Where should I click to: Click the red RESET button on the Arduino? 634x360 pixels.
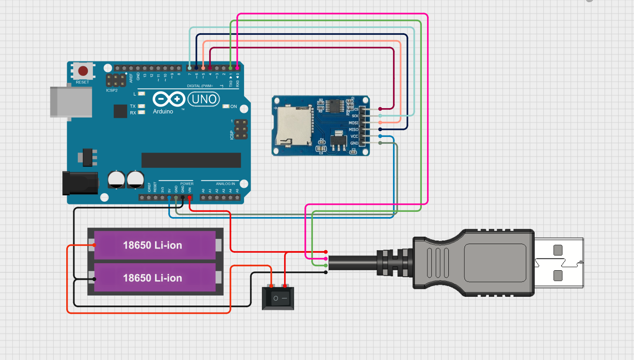pos(82,71)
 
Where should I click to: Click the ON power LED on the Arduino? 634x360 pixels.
pos(226,106)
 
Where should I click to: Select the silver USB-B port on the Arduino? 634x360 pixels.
pos(71,102)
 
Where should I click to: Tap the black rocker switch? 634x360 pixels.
pos(278,298)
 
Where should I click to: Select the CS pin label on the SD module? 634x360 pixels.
pos(356,109)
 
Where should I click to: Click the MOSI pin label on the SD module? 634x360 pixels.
pos(353,123)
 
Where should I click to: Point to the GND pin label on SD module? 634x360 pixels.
pos(354,143)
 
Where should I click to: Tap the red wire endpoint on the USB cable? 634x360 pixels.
pos(326,252)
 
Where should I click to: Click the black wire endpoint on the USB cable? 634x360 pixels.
pos(326,272)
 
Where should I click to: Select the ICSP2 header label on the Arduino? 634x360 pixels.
pos(112,91)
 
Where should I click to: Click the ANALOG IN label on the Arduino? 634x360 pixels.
pos(225,183)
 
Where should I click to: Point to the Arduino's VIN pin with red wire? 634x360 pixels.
pos(190,198)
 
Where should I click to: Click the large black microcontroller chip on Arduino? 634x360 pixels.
pos(191,160)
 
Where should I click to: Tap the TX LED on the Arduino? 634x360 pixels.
pos(141,106)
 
